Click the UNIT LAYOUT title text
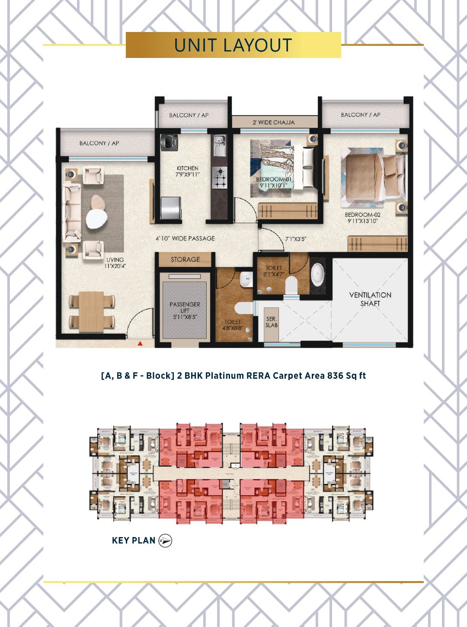pyautogui.click(x=233, y=45)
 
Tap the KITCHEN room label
pyautogui.click(x=188, y=171)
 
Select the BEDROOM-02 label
pyautogui.click(x=362, y=218)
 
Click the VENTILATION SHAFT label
pyautogui.click(x=370, y=299)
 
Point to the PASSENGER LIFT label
pyautogui.click(x=185, y=310)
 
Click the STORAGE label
pyautogui.click(x=185, y=259)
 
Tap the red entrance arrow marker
pyautogui.click(x=140, y=343)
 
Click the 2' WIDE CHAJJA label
pyautogui.click(x=273, y=122)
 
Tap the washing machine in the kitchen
pyautogui.click(x=167, y=142)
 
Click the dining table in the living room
pyautogui.click(x=91, y=311)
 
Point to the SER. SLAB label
pyautogui.click(x=271, y=322)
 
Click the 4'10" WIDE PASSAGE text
pyautogui.click(x=185, y=238)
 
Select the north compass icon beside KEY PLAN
pyautogui.click(x=165, y=541)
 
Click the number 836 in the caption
pyautogui.click(x=336, y=375)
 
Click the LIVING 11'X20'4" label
pyautogui.click(x=115, y=262)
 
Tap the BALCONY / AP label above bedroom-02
pyautogui.click(x=360, y=115)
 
